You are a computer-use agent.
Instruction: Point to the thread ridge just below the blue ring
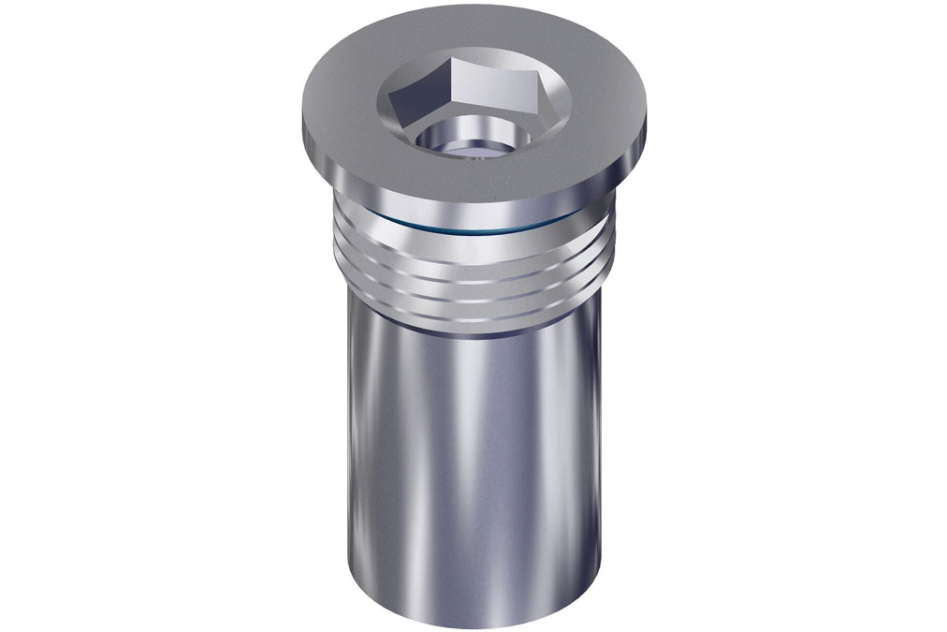coord(473,245)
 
